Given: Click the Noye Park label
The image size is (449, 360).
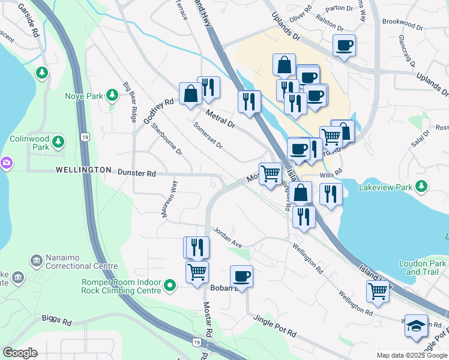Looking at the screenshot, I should (83, 95).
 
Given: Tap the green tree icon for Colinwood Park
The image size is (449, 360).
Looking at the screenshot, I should (58, 142).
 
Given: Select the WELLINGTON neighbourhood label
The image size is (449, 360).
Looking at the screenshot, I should (83, 170).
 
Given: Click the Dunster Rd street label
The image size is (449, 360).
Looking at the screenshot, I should (136, 173).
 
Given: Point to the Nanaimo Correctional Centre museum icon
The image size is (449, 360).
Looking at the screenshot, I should (35, 260).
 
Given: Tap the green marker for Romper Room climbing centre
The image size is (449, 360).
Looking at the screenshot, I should (170, 286).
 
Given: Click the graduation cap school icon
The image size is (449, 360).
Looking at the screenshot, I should (416, 325).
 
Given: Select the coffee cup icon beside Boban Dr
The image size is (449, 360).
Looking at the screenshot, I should (241, 275).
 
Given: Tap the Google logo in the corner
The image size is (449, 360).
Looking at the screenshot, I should (19, 353).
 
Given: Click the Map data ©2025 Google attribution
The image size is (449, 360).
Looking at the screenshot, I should (411, 355).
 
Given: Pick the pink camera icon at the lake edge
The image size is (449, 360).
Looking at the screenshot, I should (6, 162).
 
